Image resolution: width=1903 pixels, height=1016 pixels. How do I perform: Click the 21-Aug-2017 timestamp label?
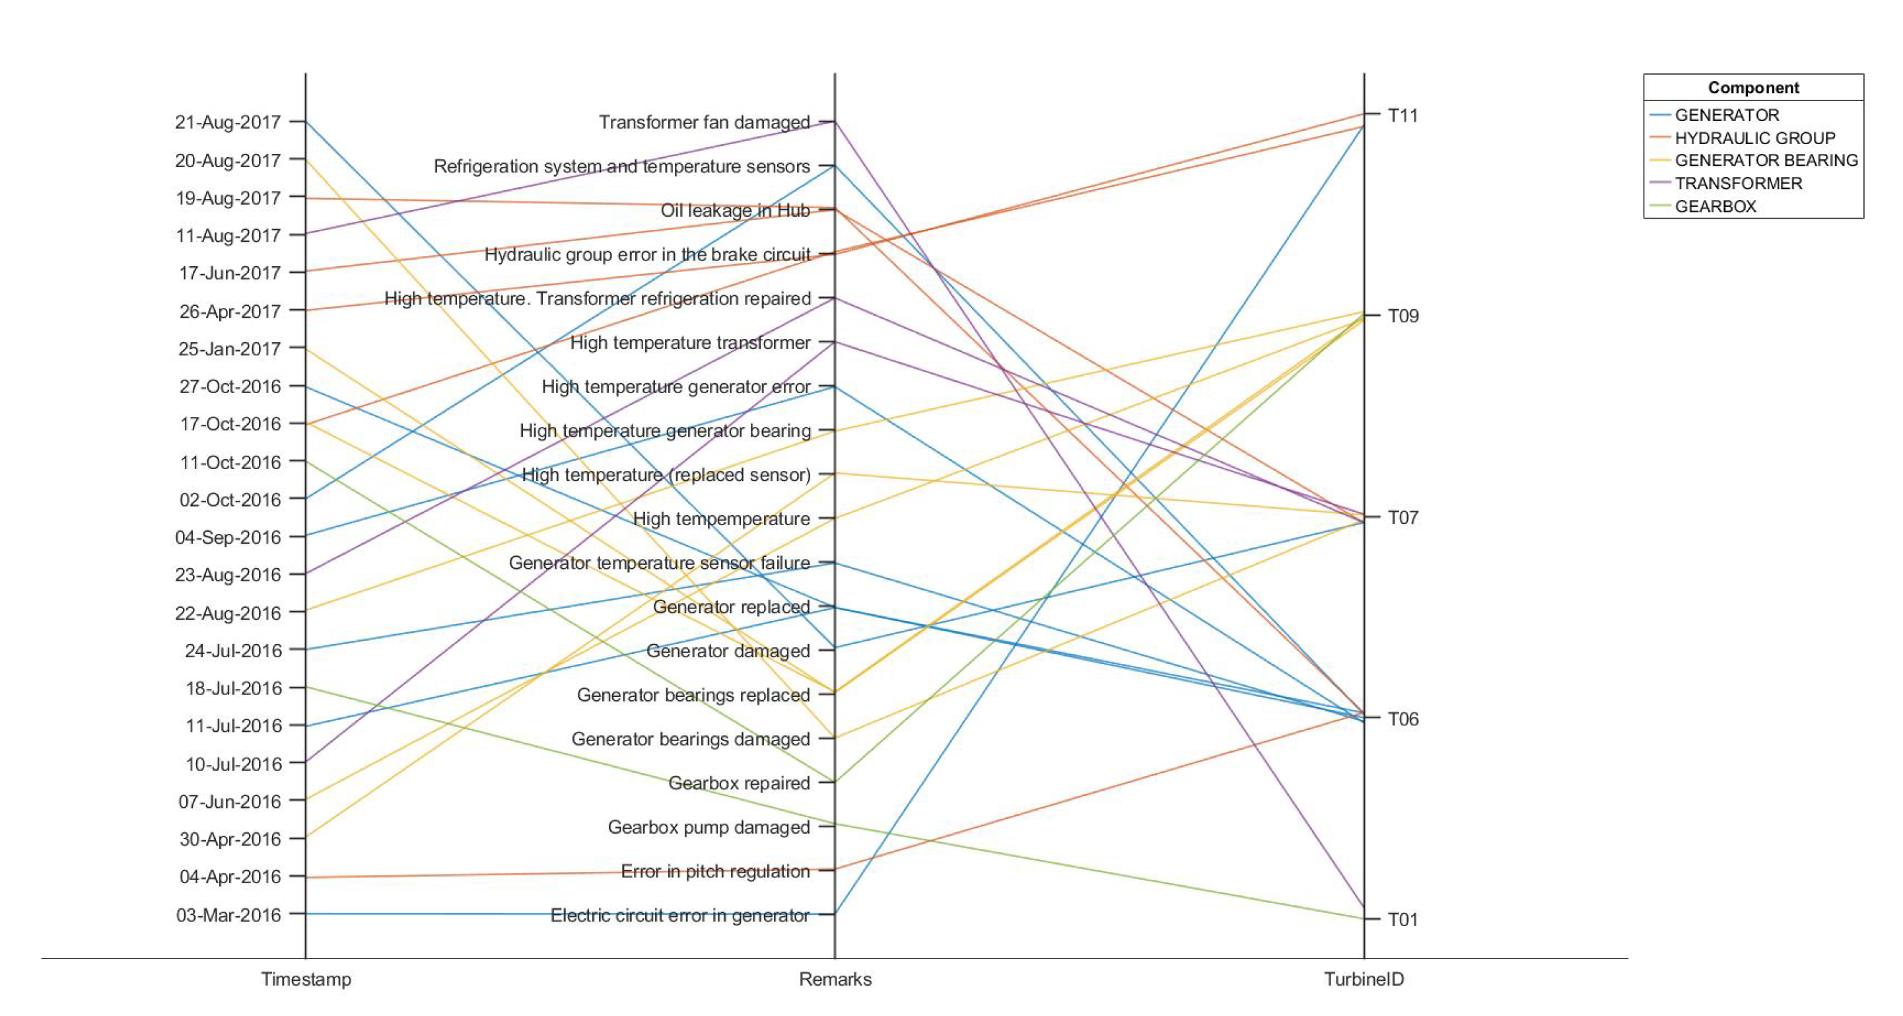pos(228,122)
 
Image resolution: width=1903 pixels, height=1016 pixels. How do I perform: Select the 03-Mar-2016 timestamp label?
pos(228,915)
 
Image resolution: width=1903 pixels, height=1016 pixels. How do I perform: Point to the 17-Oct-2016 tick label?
pos(230,424)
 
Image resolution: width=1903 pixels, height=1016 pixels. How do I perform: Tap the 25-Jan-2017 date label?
pos(229,349)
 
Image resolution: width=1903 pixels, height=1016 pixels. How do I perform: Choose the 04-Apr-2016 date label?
pos(230,877)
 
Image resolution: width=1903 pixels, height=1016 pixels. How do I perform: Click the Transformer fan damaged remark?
pos(704,122)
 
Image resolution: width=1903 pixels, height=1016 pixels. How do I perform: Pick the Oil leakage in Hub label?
pos(735,211)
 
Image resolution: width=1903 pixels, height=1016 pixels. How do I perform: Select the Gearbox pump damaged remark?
pos(709,827)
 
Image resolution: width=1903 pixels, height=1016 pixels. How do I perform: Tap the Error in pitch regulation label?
pos(715,871)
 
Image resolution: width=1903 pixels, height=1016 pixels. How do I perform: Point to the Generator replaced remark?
pos(732,606)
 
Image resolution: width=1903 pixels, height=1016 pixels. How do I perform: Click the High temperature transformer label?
pos(690,343)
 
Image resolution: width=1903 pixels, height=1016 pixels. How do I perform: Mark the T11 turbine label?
pos(1402,115)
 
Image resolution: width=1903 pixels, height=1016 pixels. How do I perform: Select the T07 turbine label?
pos(1402,517)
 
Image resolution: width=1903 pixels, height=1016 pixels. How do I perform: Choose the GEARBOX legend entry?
pos(1715,207)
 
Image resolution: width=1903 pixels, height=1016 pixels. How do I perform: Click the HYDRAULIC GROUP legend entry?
pos(1754,138)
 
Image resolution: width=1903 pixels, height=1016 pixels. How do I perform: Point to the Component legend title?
pos(1753,88)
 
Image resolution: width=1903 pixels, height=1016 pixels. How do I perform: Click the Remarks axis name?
pos(835,979)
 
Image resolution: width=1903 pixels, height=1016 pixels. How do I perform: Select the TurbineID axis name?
pos(1363,979)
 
